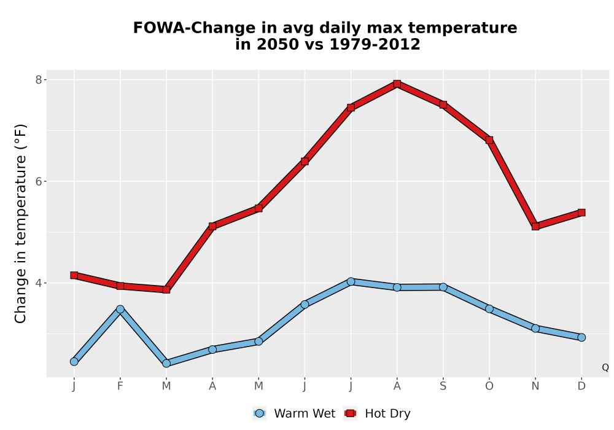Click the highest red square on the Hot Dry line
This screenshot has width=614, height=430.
click(397, 84)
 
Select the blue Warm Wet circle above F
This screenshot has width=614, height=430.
click(120, 310)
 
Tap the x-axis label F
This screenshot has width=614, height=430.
click(120, 386)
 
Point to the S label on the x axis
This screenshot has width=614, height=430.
click(443, 386)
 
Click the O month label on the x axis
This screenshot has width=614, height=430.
click(489, 386)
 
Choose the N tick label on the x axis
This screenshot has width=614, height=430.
click(535, 386)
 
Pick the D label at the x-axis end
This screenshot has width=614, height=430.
click(581, 386)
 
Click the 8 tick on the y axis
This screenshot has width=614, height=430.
click(38, 80)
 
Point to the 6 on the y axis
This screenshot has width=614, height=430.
click(38, 181)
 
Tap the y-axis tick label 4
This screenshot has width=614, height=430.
click(38, 283)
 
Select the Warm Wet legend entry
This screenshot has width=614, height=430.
click(294, 413)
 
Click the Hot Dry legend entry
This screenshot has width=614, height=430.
click(377, 413)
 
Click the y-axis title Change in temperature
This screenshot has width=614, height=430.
click(20, 224)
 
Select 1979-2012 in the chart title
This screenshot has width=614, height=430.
click(375, 44)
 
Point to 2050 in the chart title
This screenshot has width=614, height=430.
click(279, 44)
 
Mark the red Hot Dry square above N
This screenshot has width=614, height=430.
click(535, 226)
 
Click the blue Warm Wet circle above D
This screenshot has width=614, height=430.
click(581, 338)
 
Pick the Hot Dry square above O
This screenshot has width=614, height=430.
click(489, 140)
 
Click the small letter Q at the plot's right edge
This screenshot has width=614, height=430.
click(605, 367)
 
